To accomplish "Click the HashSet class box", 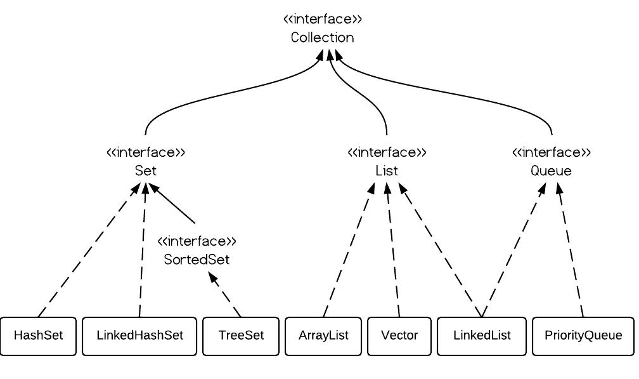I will point(38,336).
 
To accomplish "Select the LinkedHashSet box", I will point(139,336).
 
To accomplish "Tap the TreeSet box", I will point(241,336).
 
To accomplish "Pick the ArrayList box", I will point(323,336).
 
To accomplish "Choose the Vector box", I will point(399,336).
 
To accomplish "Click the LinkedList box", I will point(482,336).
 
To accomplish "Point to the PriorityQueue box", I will point(583,336).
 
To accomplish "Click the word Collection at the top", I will point(322,37).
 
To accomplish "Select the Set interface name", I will point(145,171).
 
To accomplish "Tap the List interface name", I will point(387,171).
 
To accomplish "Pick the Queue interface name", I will point(551,171).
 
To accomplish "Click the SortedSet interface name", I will point(197,260).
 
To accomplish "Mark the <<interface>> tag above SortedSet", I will point(197,241).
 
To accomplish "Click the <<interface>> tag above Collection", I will point(322,19).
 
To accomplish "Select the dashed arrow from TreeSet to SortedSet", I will point(226,296).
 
